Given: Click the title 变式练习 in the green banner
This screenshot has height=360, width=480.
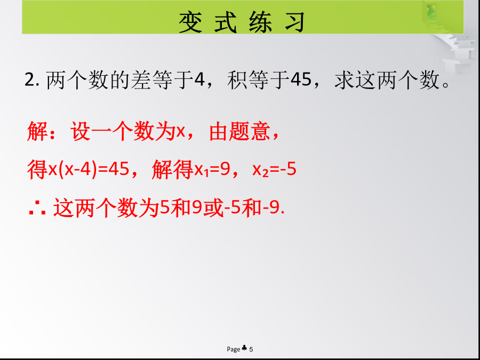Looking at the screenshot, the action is (242, 22).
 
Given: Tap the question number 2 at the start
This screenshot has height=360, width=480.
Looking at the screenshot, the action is (30, 81).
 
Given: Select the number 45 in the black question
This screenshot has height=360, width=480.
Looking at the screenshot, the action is (301, 80).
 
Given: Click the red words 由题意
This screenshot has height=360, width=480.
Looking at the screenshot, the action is (239, 132).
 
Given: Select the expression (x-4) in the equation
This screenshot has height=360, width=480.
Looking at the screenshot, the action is (77, 169).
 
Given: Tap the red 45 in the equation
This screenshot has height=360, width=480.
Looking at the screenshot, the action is (118, 169).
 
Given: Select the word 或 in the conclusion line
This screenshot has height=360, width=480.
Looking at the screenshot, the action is (213, 208).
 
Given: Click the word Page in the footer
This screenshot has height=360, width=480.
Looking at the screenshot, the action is (233, 349).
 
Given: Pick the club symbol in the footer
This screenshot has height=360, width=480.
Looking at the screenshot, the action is (244, 348).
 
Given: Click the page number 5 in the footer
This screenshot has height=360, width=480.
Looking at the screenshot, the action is (251, 349).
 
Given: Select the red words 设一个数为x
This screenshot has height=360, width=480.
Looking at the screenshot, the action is (128, 132).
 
